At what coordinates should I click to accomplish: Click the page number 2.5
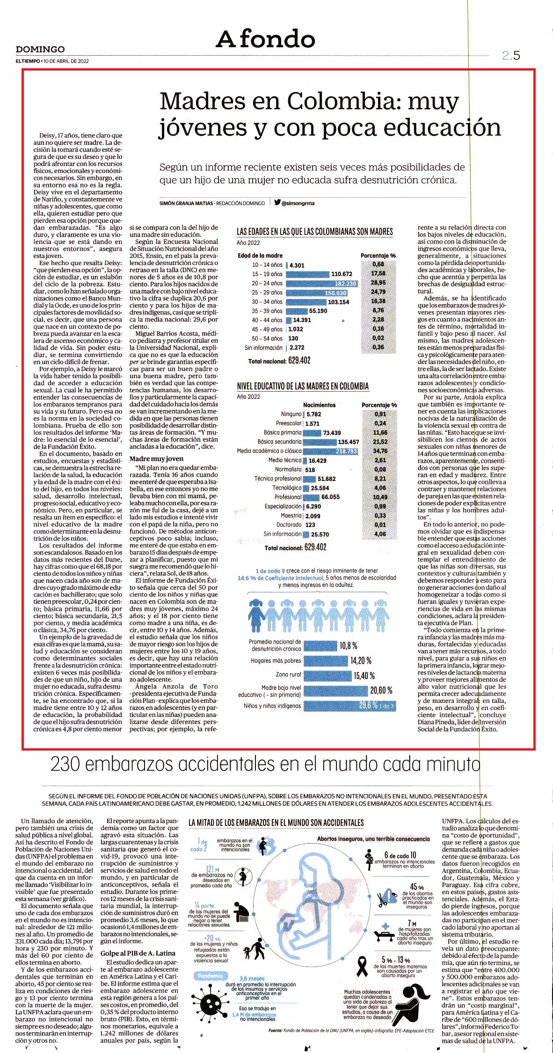511,56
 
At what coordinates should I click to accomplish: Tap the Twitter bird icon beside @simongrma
277,202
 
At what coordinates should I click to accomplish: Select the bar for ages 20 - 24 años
321,283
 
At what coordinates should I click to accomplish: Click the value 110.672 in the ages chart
342,274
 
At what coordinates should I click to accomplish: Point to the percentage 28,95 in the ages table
378,283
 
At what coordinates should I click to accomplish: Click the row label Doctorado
289,525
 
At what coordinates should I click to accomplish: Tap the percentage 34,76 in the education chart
380,451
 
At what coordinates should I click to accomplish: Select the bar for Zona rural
327,675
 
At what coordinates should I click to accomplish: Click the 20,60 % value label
381,690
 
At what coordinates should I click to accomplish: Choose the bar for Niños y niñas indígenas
349,705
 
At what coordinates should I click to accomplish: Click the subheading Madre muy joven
156,458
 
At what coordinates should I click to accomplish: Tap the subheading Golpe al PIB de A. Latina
138,953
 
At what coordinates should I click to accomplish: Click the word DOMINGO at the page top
40,49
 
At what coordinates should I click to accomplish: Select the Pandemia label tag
210,975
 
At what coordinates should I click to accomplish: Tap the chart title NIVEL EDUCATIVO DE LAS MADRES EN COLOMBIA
303,386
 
